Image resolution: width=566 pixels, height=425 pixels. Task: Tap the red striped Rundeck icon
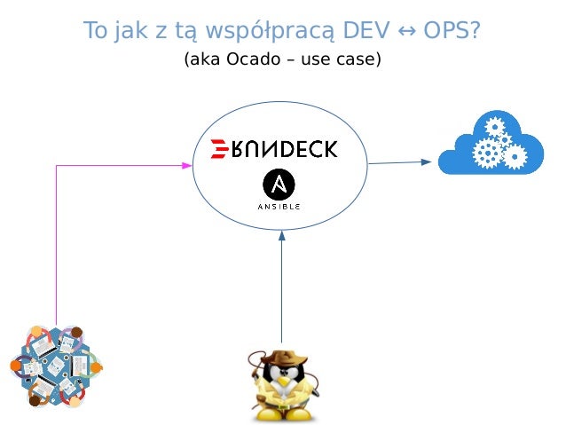(x=219, y=148)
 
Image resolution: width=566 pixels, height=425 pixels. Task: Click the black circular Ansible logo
(x=279, y=185)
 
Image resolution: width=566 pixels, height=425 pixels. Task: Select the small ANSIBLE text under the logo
(x=279, y=207)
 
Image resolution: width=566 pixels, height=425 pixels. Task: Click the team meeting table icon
(x=56, y=366)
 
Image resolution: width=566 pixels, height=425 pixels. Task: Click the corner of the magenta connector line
(x=57, y=165)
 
